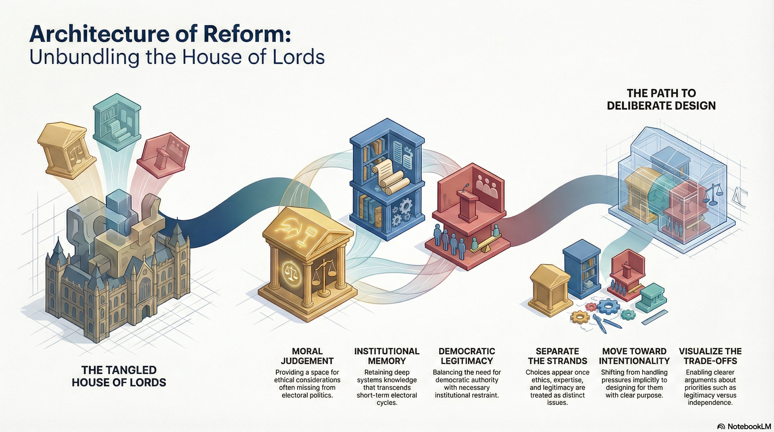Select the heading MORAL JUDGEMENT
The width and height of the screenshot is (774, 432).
tap(307, 356)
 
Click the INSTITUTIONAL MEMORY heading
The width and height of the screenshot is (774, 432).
tap(387, 356)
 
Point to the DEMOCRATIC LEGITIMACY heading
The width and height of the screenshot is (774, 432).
tap(467, 356)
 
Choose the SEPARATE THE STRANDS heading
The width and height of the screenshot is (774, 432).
tap(557, 356)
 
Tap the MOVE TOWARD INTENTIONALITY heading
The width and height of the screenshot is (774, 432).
tap(634, 356)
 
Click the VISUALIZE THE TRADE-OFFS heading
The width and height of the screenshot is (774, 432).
tap(710, 356)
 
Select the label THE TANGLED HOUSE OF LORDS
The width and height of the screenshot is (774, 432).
tap(119, 376)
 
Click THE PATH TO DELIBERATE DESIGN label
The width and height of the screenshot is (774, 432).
tap(661, 100)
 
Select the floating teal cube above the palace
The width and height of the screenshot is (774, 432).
tap(117, 122)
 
